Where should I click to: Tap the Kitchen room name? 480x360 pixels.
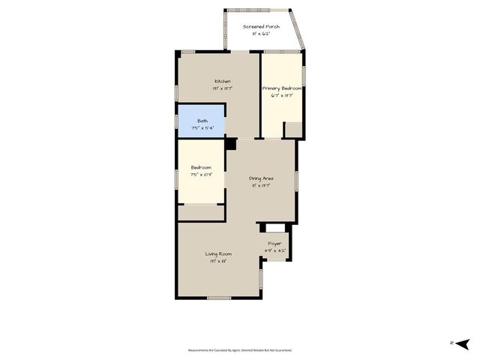point(222,81)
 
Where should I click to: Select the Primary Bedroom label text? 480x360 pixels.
point(281,88)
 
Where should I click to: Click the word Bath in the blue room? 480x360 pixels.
point(202,121)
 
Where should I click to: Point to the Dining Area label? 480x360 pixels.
point(261,178)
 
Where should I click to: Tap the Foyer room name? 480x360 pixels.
point(275,243)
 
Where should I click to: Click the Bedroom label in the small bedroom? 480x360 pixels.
point(201,167)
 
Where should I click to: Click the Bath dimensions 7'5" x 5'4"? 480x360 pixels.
point(202,127)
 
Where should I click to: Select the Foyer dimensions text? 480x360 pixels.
point(275,250)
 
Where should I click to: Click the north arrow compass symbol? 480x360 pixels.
point(462,343)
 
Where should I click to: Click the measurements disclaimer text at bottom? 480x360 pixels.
point(240,350)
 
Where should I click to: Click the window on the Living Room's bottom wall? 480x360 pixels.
point(218,298)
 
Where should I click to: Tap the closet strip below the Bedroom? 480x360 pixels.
point(201,213)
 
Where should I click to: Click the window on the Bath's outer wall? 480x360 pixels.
point(177,120)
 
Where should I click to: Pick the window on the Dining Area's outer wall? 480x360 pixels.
point(297,180)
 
